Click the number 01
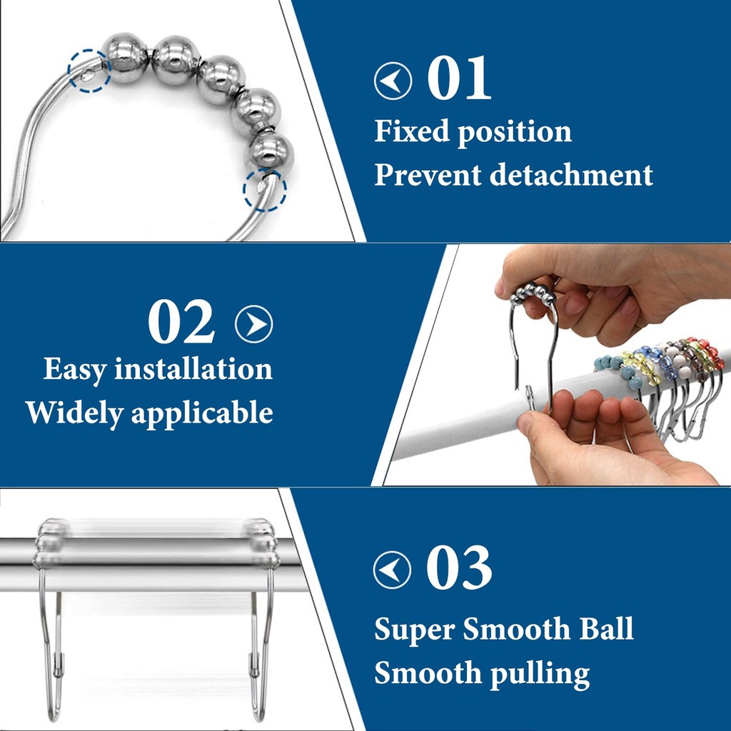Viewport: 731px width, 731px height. tap(459, 78)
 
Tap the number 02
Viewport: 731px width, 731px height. tap(181, 321)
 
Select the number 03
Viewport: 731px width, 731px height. tap(459, 567)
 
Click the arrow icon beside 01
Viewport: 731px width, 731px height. tap(393, 81)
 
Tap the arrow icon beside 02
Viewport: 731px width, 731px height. tap(254, 324)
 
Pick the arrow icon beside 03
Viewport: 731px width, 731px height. tap(392, 570)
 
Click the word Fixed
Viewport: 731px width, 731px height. tap(412, 131)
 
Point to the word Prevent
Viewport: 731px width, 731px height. tap(428, 175)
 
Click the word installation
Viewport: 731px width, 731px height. tap(193, 369)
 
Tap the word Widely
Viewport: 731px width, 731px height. tap(74, 413)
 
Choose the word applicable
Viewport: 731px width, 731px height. tap(202, 413)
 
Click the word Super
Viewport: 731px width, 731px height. tap(415, 630)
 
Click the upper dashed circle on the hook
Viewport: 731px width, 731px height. tap(89, 71)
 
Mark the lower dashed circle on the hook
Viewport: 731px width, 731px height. tap(265, 190)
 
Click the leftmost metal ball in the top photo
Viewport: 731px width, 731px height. tap(124, 59)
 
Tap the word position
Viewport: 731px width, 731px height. tap(515, 132)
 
